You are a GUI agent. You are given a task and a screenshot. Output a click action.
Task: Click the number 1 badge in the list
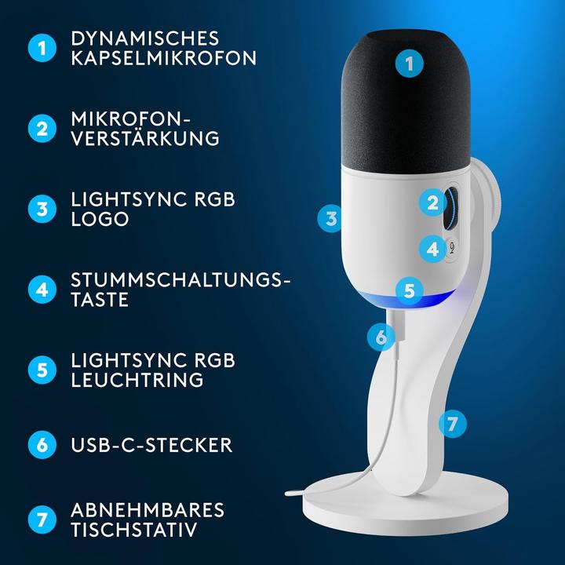(x=42, y=48)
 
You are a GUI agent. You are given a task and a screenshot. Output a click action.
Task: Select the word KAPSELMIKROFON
(x=163, y=58)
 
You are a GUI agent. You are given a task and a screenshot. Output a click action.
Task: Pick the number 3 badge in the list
(x=42, y=208)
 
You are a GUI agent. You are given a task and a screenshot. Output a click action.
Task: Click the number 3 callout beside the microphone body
(x=331, y=218)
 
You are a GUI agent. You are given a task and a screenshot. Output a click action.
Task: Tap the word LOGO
(x=100, y=219)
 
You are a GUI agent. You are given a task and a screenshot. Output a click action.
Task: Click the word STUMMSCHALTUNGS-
(x=180, y=279)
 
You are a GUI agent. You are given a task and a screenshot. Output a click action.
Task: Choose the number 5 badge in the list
(x=42, y=369)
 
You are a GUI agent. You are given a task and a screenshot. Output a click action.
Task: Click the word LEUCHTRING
(x=137, y=380)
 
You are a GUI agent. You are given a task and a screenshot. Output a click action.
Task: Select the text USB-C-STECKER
(x=151, y=445)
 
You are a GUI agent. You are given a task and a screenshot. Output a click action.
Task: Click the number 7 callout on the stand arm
(x=451, y=424)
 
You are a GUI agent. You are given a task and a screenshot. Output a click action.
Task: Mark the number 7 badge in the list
(x=42, y=519)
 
